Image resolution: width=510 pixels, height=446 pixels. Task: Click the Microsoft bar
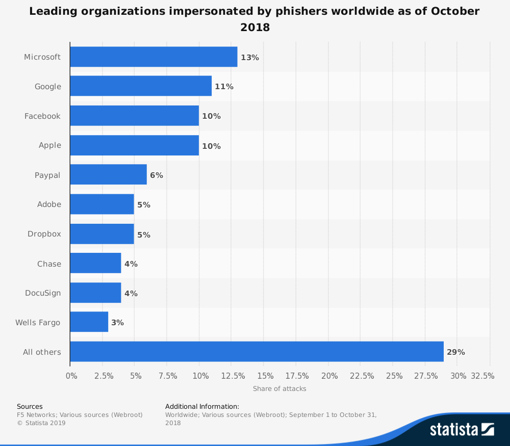click(x=154, y=57)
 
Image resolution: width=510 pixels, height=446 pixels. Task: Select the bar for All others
click(x=257, y=352)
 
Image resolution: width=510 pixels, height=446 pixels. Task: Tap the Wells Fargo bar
click(x=89, y=322)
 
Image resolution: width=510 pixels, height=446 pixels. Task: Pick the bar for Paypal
click(x=108, y=175)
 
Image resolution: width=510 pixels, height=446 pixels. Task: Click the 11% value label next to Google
click(x=224, y=87)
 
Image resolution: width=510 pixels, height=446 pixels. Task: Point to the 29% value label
click(x=455, y=352)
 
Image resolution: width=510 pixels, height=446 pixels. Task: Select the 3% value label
click(x=117, y=323)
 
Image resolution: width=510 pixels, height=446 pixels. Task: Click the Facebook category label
click(x=42, y=116)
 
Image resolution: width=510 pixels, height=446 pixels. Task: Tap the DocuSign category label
click(x=43, y=293)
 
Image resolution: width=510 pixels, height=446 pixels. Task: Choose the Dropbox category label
click(x=44, y=234)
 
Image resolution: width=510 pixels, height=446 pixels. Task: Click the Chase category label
click(x=49, y=264)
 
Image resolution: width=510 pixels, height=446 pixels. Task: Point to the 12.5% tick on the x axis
click(x=233, y=376)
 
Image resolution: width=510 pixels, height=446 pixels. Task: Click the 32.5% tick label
click(x=482, y=376)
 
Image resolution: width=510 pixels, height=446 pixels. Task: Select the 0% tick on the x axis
click(x=71, y=376)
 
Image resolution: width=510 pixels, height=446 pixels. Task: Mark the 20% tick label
click(x=329, y=376)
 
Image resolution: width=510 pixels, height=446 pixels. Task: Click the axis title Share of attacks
click(x=279, y=389)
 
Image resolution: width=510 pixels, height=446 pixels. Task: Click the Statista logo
click(x=462, y=429)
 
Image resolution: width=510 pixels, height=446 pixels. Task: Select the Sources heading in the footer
click(x=30, y=406)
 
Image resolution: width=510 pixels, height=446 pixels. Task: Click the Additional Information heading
click(x=202, y=406)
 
